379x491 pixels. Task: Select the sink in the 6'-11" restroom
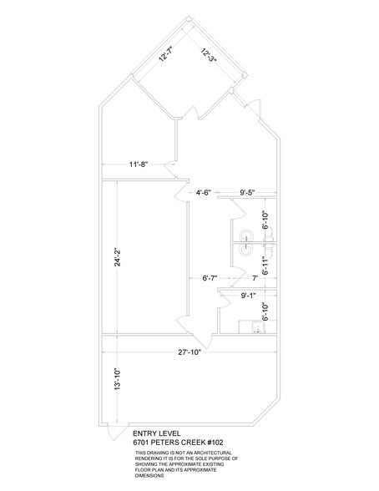click(x=246, y=247)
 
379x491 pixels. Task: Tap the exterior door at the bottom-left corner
click(x=110, y=433)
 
